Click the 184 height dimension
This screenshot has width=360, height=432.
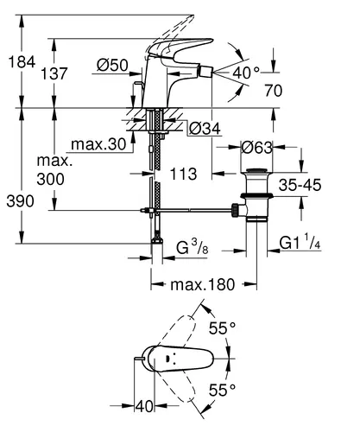pos(22,62)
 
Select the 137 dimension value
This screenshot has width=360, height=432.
pos(54,73)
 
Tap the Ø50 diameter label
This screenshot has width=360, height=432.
pos(112,65)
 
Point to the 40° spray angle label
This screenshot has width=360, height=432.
pos(246,73)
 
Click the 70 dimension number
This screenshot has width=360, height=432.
pos(274,91)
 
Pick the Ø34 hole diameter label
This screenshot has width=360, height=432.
pos(205,129)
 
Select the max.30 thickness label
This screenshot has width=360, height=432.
pos(98,144)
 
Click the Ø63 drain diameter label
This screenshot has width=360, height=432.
pos(256,148)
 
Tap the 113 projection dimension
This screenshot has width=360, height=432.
pos(184,174)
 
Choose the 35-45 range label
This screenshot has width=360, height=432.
pos(300,185)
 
